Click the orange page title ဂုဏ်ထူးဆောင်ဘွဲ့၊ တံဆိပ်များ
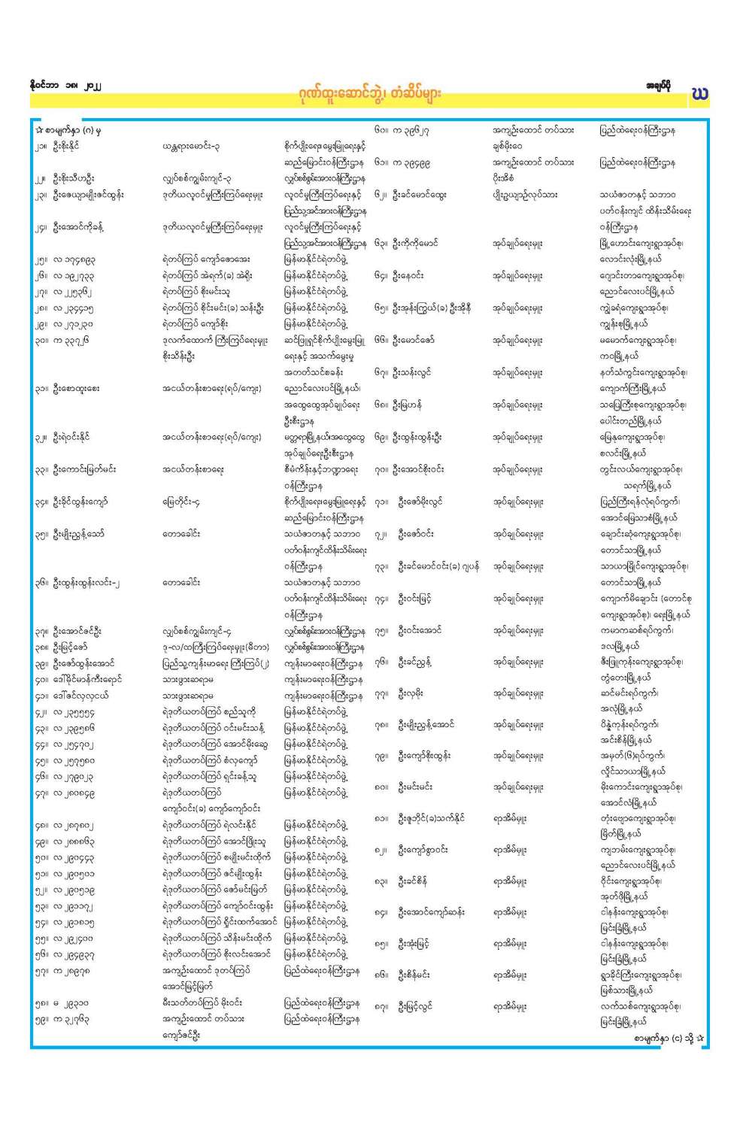point(368,93)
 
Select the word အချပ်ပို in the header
point(659,86)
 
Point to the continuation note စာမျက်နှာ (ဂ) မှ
point(68,130)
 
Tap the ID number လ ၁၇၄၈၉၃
point(74,259)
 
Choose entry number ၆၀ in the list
point(382,130)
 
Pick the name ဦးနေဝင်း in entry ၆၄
point(413,275)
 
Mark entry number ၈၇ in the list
point(382,1006)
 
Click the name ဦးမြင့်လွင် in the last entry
point(414,1006)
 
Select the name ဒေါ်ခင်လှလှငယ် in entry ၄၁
point(80,696)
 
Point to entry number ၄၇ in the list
point(41,793)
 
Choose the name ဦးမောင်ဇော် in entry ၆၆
point(416,340)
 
